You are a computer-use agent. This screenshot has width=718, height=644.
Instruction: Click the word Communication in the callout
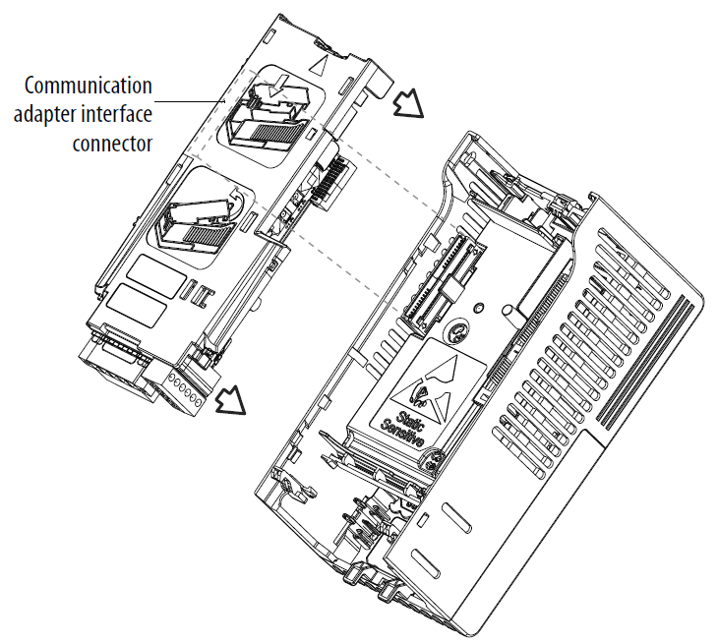[x=90, y=85]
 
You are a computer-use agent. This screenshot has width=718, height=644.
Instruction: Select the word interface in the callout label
[x=115, y=114]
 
